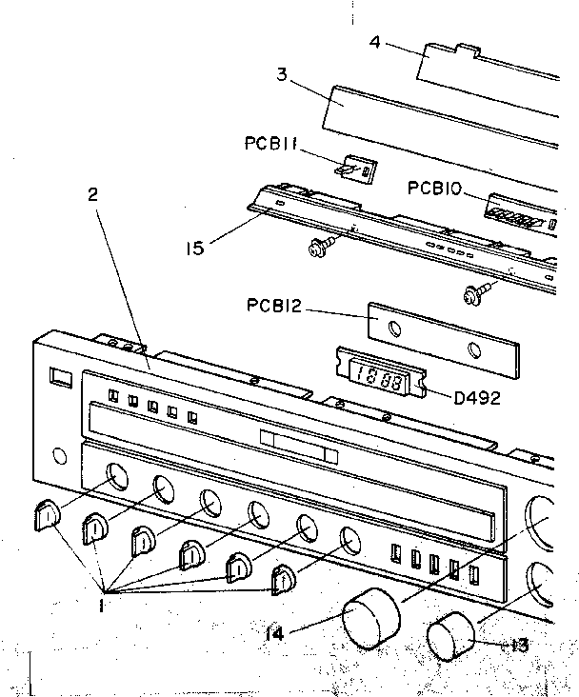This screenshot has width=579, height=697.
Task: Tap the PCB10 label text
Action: pos(435,189)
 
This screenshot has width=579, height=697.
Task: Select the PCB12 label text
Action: pos(272,306)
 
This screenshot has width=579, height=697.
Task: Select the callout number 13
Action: pos(518,645)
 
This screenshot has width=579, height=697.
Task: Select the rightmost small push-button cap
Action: pos(284,580)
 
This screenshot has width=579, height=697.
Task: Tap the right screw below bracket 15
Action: pos(470,296)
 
